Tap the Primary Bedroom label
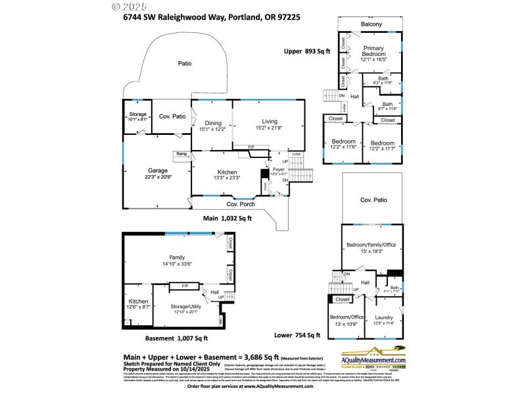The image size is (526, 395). (x=373, y=51)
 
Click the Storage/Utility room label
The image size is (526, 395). (x=186, y=307)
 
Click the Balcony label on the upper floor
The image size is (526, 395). (x=370, y=24)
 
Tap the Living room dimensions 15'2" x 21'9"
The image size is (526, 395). (x=270, y=129)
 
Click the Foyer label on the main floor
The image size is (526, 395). (x=278, y=169)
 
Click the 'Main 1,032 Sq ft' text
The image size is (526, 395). (x=227, y=217)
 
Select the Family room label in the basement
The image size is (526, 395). (x=176, y=257)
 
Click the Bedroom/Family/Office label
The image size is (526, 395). (x=371, y=245)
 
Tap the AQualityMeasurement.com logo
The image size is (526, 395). (x=373, y=357)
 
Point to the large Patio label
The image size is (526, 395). (x=185, y=63)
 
